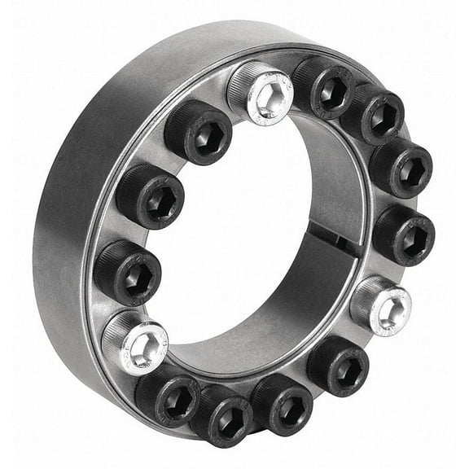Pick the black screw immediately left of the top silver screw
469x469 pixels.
tap(199, 131)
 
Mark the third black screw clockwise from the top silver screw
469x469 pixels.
tap(401, 167)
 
